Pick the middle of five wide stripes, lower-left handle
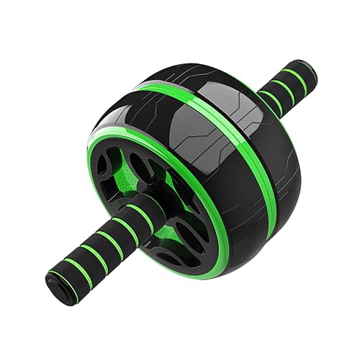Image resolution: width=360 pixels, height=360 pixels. coord(105,237)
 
